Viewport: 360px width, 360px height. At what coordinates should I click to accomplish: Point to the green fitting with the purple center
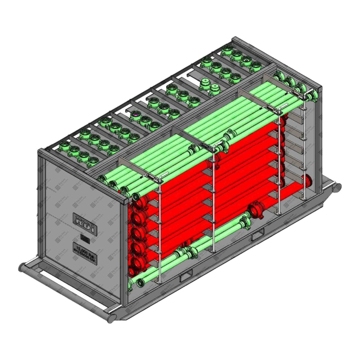(135, 114)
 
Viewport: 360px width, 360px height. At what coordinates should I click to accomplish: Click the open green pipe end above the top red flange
(136, 196)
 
